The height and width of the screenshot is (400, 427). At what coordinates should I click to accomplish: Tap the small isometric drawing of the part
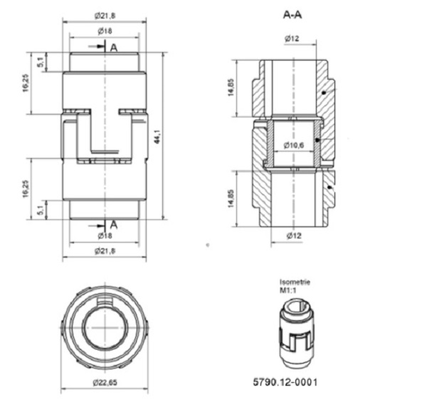(293, 330)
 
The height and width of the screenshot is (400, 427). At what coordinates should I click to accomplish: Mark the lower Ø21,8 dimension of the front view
(105, 251)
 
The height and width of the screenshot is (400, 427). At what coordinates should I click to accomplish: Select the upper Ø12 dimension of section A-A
(292, 38)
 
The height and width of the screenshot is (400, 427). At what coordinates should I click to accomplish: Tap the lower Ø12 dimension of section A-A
(292, 234)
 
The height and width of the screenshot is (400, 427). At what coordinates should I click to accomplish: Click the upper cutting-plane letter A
(113, 47)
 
